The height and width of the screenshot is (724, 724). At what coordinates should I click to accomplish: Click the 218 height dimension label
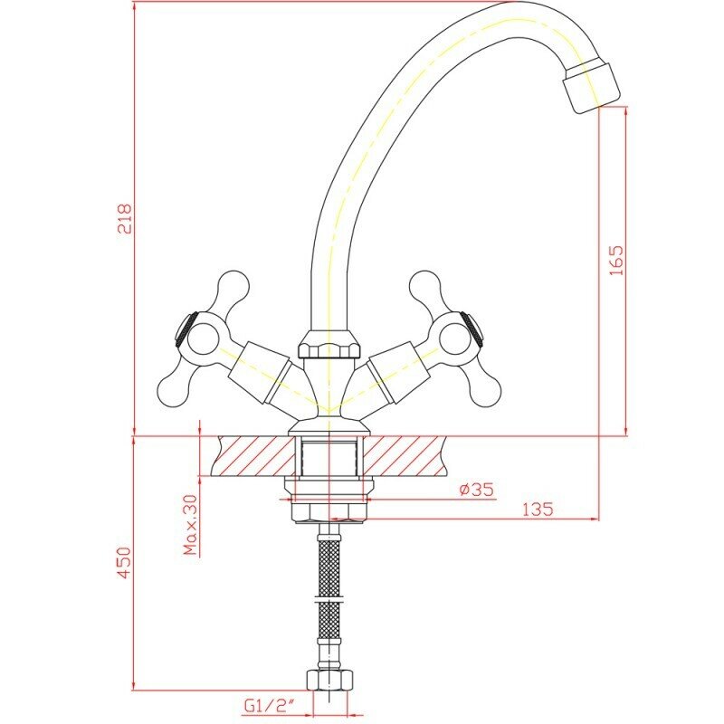pos(126,218)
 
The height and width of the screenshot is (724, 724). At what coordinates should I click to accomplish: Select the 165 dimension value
pos(616,261)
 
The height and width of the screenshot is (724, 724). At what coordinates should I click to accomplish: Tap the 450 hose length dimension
pos(125,562)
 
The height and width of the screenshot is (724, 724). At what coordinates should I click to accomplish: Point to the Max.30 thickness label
pos(190,525)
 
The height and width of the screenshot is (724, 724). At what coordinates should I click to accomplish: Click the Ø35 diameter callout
pos(477,489)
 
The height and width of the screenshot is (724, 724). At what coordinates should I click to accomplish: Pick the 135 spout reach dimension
pos(538,510)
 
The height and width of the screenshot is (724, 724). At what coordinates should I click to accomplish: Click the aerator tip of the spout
pos(592,88)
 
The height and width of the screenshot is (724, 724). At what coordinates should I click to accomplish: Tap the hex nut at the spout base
pos(329,346)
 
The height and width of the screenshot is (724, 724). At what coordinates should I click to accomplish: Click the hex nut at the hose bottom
pos(329,680)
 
